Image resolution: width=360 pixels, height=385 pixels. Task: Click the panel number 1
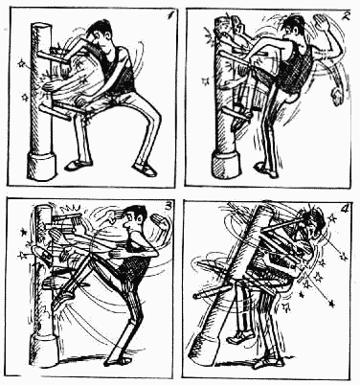[171, 15]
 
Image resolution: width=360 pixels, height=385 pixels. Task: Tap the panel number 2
[346, 15]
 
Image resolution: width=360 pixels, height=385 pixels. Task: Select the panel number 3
[168, 207]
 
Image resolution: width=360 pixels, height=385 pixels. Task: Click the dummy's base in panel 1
[41, 167]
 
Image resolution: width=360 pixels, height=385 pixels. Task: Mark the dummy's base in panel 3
[44, 349]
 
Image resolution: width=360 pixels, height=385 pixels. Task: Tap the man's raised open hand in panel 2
[322, 22]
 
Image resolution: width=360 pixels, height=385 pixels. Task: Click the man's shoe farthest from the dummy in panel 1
[146, 170]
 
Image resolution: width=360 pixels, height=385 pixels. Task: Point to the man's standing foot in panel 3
[119, 360]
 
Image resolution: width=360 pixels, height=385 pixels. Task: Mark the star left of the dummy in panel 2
[206, 81]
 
